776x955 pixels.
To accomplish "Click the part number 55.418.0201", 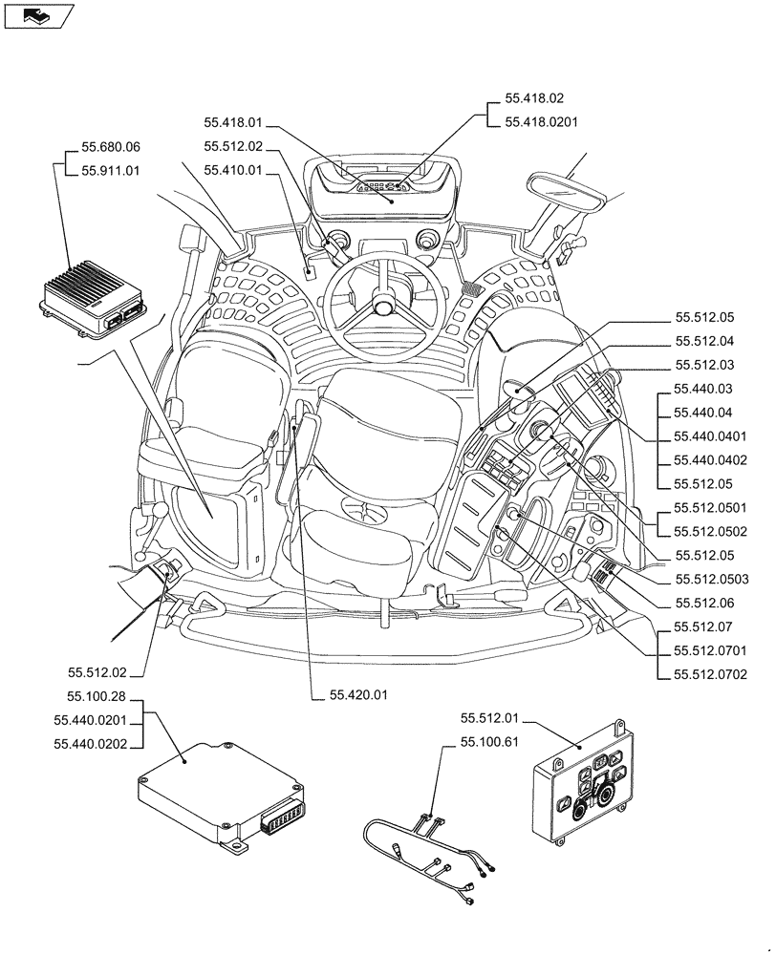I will (x=541, y=121).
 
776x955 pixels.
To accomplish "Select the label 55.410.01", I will (x=232, y=171).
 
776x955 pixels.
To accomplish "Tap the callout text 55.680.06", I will (x=111, y=147).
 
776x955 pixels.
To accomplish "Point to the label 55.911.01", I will (x=111, y=171).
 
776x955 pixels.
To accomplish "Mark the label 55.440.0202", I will (x=97, y=744).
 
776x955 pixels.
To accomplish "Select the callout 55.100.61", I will (x=489, y=741).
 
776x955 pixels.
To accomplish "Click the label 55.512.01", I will (x=489, y=717).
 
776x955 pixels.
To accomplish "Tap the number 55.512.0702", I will (x=710, y=674).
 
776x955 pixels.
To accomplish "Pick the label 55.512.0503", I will (x=710, y=579).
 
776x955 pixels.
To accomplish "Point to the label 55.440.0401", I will (x=710, y=435).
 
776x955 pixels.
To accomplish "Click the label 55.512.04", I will (x=704, y=341).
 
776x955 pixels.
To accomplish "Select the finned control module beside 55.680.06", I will (x=93, y=297).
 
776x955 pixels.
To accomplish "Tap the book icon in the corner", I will (x=36, y=15).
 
